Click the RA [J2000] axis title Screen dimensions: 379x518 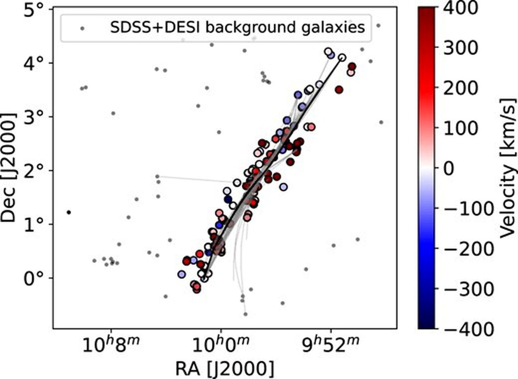point(224,369)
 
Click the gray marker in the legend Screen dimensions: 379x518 point(81,28)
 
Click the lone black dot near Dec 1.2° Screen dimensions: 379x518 point(69,212)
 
